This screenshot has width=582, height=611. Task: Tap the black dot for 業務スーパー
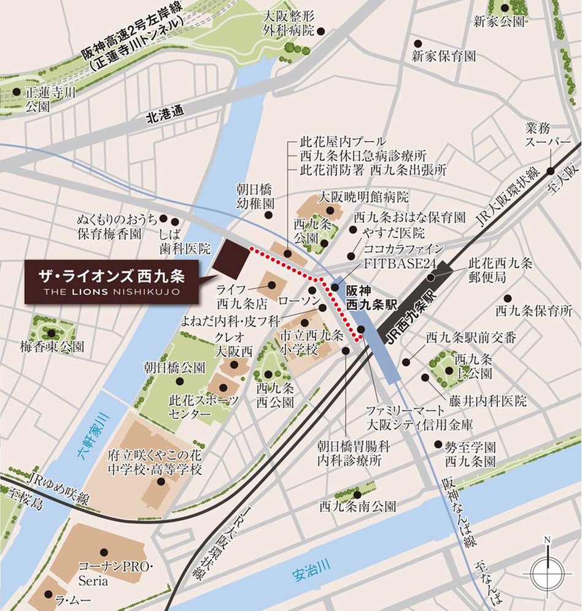(551, 171)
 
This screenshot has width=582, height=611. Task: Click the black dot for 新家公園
(505, 8)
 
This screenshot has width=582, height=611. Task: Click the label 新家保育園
(444, 56)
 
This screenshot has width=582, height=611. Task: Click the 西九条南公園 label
(357, 507)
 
